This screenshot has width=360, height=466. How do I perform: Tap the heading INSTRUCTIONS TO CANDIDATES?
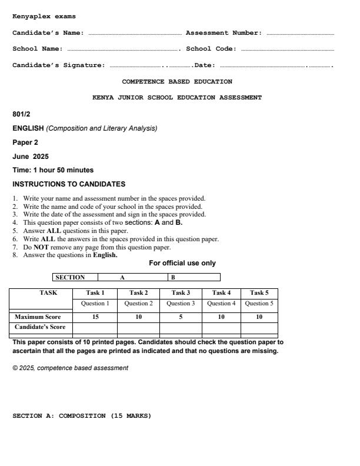pyautogui.click(x=69, y=184)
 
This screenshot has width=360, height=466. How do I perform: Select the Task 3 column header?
pyautogui.click(x=181, y=292)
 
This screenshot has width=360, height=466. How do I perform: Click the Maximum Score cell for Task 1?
pyautogui.click(x=95, y=317)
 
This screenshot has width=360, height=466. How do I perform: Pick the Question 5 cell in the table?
pyautogui.click(x=259, y=304)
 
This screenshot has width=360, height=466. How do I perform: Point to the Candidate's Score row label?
pyautogui.click(x=40, y=327)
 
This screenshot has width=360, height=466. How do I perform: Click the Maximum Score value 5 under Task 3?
pyautogui.click(x=181, y=317)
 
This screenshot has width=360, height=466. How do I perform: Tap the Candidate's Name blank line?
pyautogui.click(x=134, y=34)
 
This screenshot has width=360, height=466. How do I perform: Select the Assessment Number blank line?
pyautogui.click(x=299, y=34)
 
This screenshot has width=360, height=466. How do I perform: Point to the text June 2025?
pyautogui.click(x=31, y=156)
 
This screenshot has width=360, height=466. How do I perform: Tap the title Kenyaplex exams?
pyautogui.click(x=44, y=16)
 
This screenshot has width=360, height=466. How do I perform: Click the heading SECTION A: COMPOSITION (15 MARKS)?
pyautogui.click(x=82, y=416)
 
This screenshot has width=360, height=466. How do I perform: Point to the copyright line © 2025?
pyautogui.click(x=70, y=368)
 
